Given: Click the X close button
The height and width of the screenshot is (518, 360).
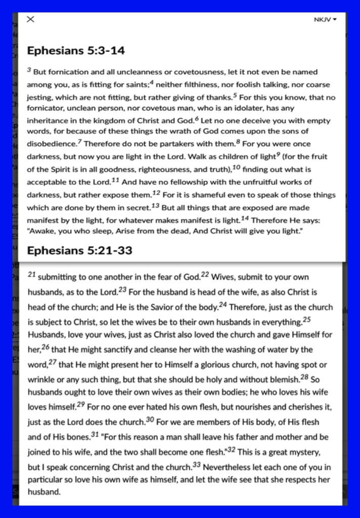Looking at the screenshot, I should [x=30, y=19].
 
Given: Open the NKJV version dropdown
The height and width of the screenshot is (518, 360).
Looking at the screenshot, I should [x=325, y=20].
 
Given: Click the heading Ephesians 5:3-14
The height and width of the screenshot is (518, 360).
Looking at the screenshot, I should [x=76, y=51].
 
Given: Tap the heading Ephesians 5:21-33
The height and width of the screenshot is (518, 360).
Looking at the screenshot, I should [x=79, y=250].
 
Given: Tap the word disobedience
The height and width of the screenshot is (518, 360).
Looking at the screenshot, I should [x=51, y=145].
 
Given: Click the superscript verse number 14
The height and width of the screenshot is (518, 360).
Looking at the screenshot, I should [x=245, y=219].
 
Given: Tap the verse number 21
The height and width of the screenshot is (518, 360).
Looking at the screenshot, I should [x=31, y=275].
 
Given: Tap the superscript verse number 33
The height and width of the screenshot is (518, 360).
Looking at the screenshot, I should [x=197, y=464].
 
